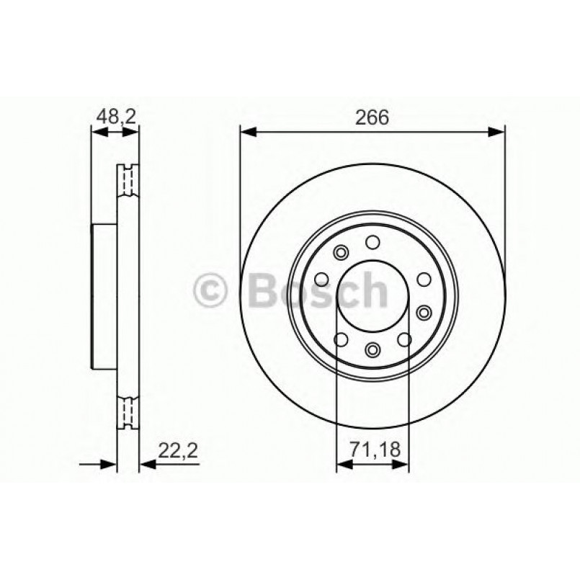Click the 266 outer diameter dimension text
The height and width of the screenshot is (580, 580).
tap(372, 117)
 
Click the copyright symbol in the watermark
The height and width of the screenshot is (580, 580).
tap(212, 290)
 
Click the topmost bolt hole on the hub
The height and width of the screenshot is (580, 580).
tap(372, 242)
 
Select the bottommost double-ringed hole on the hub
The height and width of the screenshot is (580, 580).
tap(372, 349)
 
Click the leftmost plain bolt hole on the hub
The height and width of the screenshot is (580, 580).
tap(321, 277)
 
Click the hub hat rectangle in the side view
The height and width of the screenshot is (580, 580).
tap(104, 295)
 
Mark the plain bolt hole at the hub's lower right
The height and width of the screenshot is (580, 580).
tap(404, 339)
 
